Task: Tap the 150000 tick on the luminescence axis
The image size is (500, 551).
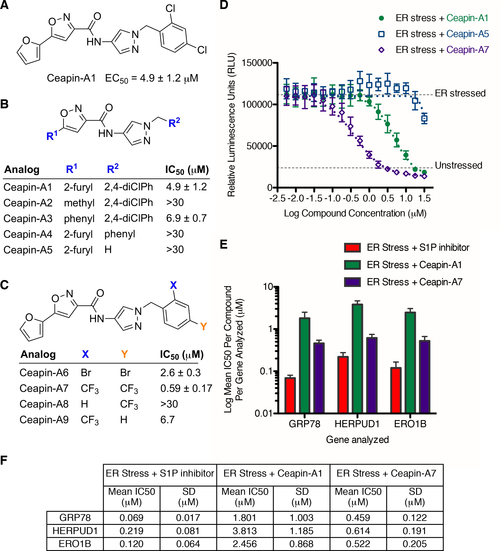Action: point(257,63)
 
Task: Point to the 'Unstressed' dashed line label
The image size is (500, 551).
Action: point(458,165)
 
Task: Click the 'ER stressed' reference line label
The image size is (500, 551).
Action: point(460,93)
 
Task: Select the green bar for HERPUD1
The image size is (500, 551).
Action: point(357,358)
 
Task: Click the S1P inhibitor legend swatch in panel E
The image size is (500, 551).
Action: point(352,248)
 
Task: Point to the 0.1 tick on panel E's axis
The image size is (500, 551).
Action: point(267,371)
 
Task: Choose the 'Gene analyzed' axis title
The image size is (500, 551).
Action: point(357,440)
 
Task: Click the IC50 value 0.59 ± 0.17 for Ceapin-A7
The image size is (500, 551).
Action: point(186,388)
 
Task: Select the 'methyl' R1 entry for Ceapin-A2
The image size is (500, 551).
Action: point(79,203)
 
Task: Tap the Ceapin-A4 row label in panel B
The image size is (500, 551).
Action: point(28,234)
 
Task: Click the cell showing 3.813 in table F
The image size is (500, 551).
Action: point(245,531)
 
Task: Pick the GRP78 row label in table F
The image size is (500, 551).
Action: point(75,518)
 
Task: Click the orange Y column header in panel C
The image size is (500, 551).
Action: point(124,354)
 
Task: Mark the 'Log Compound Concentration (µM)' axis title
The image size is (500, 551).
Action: point(355,213)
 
